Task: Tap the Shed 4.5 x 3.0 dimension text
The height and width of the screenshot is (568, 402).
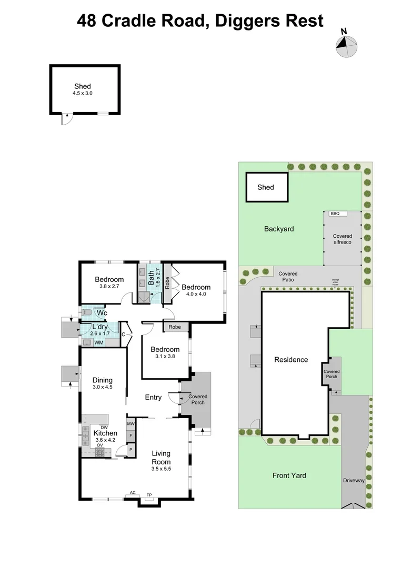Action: pos(82,93)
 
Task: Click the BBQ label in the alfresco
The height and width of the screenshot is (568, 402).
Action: pos(334,214)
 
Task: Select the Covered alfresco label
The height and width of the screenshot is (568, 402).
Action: pos(343,240)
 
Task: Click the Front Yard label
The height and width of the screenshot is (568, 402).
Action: pos(289,475)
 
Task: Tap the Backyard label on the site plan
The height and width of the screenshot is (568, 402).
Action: pos(279,229)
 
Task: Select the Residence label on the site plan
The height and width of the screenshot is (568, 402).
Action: pos(291,360)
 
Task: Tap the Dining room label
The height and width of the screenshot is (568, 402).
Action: pos(103,380)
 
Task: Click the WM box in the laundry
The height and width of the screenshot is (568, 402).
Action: pos(98,343)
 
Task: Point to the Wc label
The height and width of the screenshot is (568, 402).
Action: pos(102,313)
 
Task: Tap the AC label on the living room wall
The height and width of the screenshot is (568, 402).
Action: pos(133,493)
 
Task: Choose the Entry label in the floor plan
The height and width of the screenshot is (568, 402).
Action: pos(153,397)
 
